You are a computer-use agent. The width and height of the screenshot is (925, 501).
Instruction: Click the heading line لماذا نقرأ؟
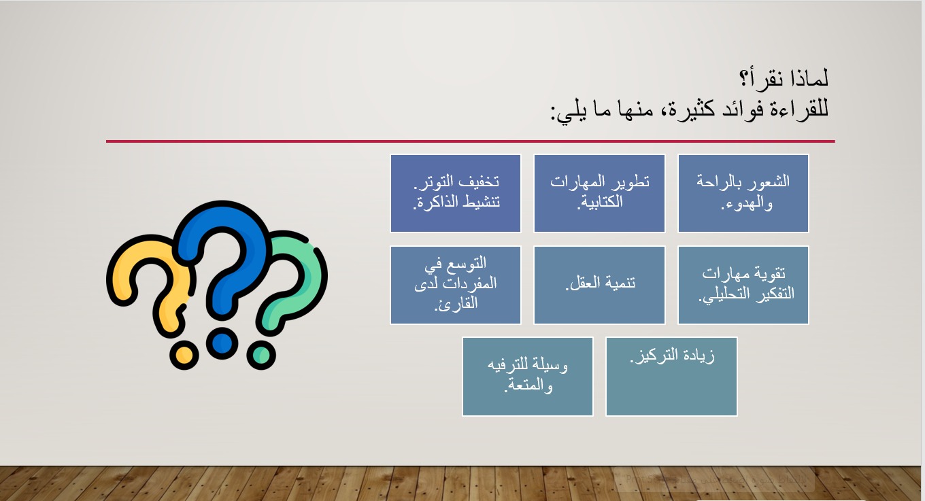(x=784, y=78)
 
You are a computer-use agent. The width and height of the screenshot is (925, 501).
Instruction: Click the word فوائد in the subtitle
(x=741, y=109)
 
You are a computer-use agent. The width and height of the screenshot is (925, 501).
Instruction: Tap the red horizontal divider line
(x=471, y=141)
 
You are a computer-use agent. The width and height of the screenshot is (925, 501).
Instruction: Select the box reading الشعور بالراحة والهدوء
(x=743, y=194)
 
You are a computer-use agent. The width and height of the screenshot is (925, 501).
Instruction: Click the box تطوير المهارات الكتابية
(x=600, y=194)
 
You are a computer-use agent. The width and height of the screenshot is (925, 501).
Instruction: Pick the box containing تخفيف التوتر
(x=456, y=194)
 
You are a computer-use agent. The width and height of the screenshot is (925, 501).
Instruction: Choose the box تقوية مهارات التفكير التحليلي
(x=743, y=285)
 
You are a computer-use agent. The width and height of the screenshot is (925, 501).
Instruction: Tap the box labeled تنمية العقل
(x=600, y=285)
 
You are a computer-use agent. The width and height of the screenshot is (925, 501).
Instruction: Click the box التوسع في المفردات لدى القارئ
(x=456, y=285)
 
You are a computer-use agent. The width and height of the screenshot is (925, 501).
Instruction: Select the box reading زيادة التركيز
(x=671, y=377)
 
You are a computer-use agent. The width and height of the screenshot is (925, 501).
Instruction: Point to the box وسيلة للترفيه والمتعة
(x=528, y=377)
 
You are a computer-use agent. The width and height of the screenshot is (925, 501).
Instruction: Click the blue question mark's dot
(x=222, y=343)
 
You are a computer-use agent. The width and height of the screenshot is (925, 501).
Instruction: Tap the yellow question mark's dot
(x=184, y=355)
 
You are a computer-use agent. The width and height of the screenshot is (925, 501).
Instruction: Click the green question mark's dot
(x=261, y=355)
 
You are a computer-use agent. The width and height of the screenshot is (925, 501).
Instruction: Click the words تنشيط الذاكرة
(x=456, y=203)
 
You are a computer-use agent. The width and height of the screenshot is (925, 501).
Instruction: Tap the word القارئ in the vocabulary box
(x=456, y=304)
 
